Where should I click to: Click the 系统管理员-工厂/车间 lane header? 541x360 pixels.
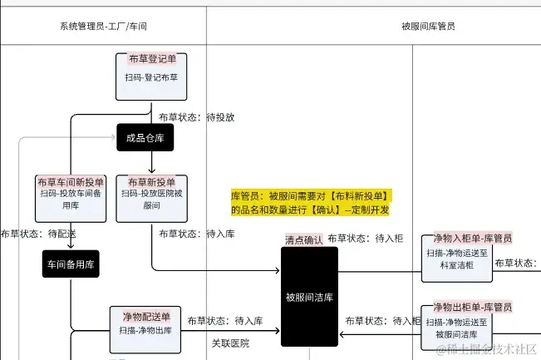point(104,26)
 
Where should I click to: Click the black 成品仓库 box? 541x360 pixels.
point(145,138)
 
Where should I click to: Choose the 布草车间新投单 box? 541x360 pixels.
point(71,197)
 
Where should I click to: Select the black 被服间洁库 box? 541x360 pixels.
point(309,296)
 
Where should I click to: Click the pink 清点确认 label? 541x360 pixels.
point(303,239)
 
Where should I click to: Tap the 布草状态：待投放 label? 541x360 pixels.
point(196,117)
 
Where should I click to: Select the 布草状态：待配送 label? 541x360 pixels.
point(38,234)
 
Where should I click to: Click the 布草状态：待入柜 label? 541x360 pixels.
point(365,238)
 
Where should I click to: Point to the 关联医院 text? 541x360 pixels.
point(230,343)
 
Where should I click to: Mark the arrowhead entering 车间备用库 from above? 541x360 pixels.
point(71,246)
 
